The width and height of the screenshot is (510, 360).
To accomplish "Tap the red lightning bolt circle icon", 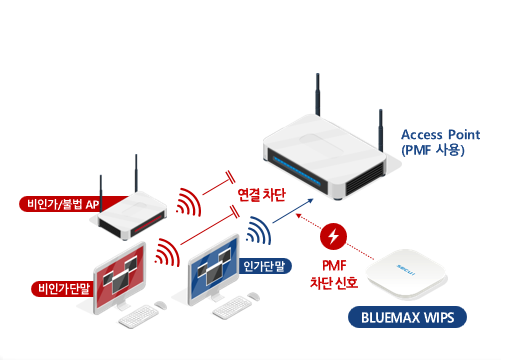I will coord(332,238).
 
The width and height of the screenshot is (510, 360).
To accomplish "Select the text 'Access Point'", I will coord(440,134).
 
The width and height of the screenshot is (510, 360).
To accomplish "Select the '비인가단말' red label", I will coord(63,289).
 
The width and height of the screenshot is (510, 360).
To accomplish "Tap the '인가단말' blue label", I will coord(265,266).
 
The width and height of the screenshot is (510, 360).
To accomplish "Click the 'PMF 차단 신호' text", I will coord(332,275).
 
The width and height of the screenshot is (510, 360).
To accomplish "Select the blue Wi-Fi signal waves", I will coord(259,231).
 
